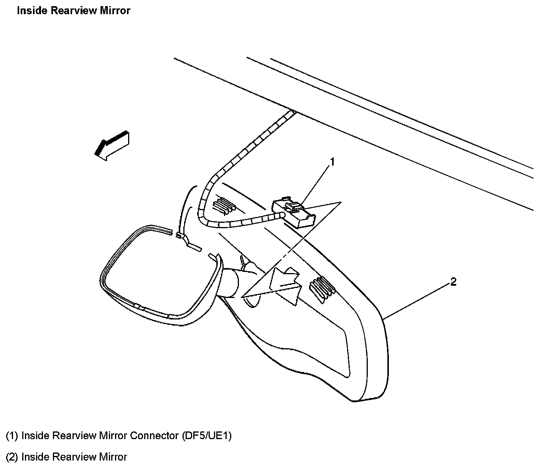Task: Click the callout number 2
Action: click(453, 282)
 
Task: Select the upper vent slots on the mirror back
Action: click(224, 205)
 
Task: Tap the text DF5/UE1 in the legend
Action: click(207, 436)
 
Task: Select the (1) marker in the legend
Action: click(12, 436)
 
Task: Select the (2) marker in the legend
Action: click(12, 457)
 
